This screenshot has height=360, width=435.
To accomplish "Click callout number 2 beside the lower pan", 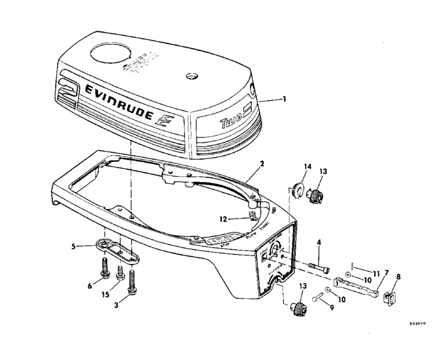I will [262, 164].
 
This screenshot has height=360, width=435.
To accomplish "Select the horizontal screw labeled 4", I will [317, 266].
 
